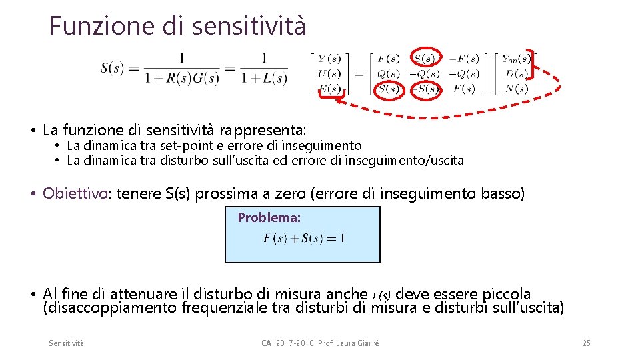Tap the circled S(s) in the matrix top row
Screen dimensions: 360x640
426,59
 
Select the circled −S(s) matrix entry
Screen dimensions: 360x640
426,89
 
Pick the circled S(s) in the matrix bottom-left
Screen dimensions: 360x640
388,89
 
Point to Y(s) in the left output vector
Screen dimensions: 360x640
329,59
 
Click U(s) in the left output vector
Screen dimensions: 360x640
329,74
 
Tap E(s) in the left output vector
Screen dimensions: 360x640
329,89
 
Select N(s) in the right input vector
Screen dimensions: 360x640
516,89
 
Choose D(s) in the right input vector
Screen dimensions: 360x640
516,74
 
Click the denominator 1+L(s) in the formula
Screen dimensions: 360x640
265,78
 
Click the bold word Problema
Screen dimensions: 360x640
269,217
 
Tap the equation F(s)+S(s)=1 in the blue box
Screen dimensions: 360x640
304,238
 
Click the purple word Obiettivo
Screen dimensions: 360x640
77,194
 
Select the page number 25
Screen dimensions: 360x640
586,343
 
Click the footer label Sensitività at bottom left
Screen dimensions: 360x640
67,343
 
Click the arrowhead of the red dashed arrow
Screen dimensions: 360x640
339,101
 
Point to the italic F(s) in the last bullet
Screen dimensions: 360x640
382,295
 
